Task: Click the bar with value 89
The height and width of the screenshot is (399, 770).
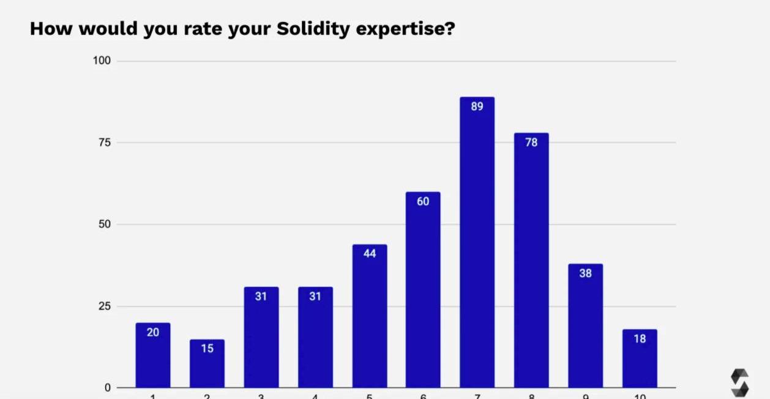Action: tap(477, 245)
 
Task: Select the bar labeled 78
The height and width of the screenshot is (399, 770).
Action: tap(531, 264)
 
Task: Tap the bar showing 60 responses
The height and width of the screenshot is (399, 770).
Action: tap(423, 291)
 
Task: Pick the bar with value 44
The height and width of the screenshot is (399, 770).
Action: tap(369, 319)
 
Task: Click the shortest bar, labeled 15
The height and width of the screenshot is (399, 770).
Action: tap(207, 365)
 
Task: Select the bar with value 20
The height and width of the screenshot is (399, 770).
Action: tap(153, 359)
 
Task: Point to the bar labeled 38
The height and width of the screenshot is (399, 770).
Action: tap(585, 328)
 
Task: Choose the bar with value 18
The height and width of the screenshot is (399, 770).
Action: tap(640, 362)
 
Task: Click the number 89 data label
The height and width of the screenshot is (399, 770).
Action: tap(477, 107)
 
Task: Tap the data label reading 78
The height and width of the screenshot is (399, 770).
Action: tap(531, 142)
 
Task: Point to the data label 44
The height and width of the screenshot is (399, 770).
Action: tap(369, 254)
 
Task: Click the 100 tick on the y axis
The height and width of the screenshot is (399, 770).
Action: tap(102, 61)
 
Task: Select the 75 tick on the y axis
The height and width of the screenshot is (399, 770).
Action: tap(105, 142)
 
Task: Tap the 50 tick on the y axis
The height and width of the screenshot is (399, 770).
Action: tap(105, 224)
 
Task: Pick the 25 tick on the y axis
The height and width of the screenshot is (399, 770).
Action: tap(105, 306)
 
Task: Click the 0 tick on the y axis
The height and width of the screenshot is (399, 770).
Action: tap(108, 387)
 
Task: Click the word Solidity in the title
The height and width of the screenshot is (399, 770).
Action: tap(313, 29)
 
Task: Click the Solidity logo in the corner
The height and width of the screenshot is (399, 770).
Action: tap(739, 382)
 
